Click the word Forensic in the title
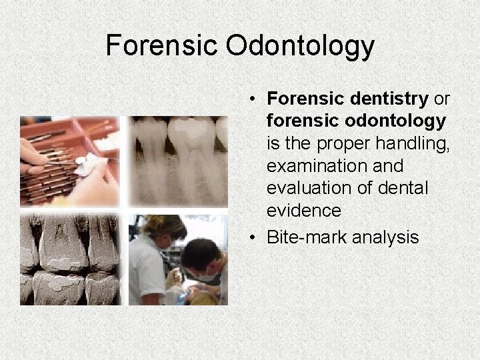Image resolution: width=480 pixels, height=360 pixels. pos(161,46)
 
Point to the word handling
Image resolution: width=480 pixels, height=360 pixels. pos(414,143)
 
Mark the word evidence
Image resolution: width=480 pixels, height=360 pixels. pos(303,211)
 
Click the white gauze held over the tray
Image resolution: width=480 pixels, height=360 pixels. pos(85,164)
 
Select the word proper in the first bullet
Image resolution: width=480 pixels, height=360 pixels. pos(353,143)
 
